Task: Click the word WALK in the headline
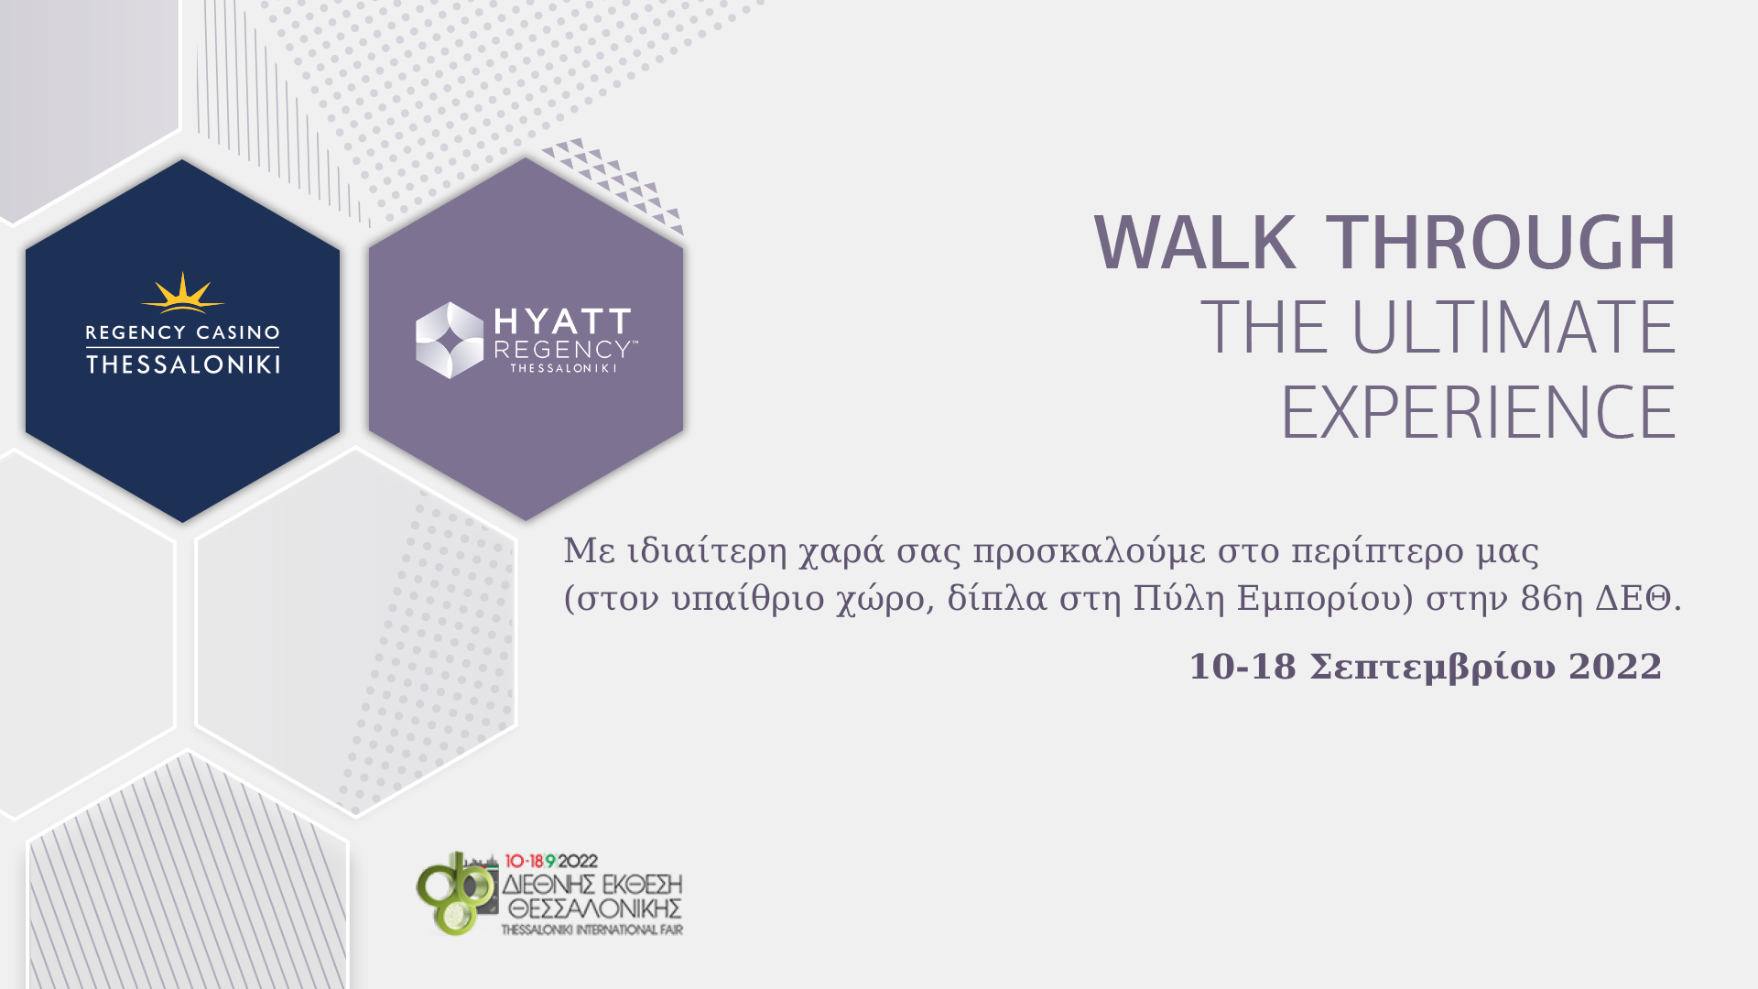tap(1195, 243)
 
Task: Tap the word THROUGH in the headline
tap(1501, 243)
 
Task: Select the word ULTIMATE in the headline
tap(1513, 327)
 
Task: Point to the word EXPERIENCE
tap(1479, 413)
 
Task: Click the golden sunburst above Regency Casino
tap(182, 293)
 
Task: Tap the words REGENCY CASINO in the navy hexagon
tap(182, 332)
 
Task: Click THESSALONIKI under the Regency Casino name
tap(182, 364)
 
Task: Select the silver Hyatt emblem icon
tap(450, 340)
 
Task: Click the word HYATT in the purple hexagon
tap(562, 321)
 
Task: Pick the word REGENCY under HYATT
tap(560, 350)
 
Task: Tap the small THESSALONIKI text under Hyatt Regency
tap(563, 368)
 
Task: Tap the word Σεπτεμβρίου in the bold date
tap(1433, 668)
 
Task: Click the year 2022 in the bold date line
tap(1615, 667)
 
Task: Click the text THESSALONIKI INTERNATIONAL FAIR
tap(591, 929)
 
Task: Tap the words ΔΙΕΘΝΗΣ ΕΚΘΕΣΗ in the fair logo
tap(592, 885)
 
